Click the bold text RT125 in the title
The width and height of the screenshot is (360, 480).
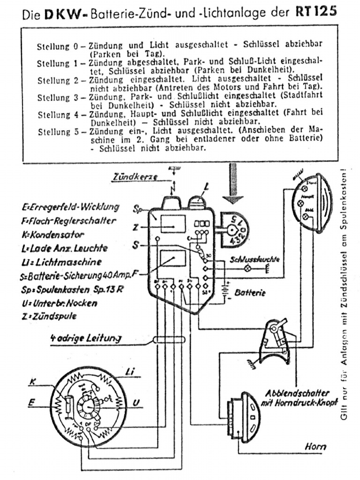[x=316, y=12]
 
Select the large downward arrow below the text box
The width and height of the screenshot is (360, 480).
[x=233, y=183]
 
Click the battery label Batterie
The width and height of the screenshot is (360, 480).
[x=250, y=293]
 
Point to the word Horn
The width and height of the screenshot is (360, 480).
[x=315, y=447]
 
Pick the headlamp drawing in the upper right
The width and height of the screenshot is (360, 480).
[x=311, y=203]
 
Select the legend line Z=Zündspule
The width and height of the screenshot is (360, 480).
[x=49, y=316]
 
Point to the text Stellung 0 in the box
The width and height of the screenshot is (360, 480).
[x=55, y=47]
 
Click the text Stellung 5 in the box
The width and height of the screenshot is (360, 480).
[x=55, y=132]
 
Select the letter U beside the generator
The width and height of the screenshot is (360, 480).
[x=135, y=402]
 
